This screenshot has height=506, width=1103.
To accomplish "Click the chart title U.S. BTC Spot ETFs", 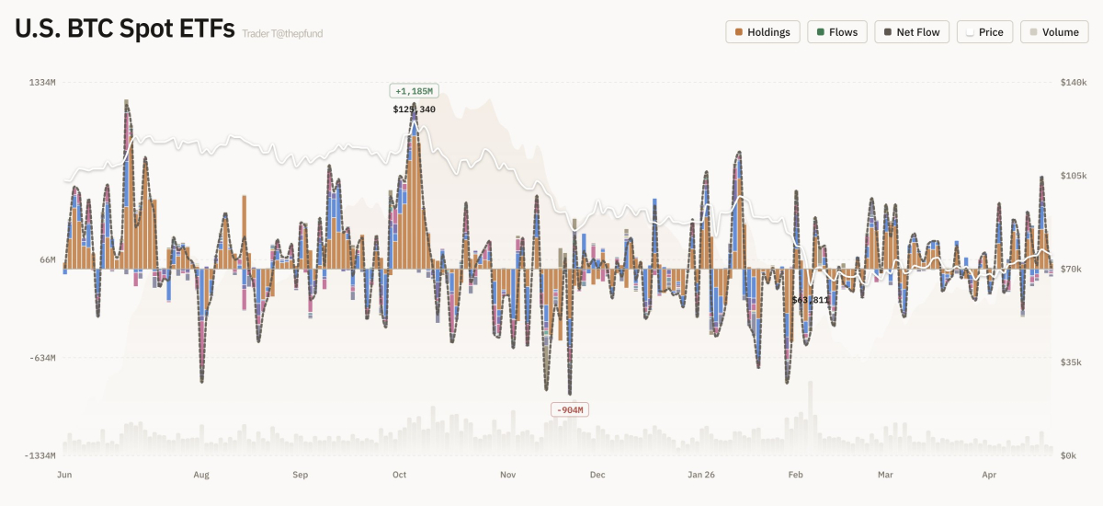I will [x=124, y=29].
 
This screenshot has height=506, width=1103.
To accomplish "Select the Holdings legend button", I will [x=763, y=32].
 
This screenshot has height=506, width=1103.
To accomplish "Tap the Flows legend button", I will [x=837, y=32].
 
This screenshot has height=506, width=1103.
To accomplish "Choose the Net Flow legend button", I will [x=912, y=32].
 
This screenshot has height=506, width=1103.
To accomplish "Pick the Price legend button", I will [x=984, y=32].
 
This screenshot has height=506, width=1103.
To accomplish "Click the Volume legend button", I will [x=1054, y=32].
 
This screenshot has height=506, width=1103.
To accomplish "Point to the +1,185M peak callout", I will [x=414, y=91].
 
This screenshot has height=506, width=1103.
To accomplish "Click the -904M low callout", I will [x=569, y=409].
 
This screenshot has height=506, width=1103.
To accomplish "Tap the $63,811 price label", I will [x=811, y=300].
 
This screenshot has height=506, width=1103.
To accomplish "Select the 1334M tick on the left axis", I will [x=43, y=83].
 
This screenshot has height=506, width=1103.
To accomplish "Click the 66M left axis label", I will [x=48, y=260].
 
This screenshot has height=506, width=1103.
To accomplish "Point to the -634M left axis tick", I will [x=43, y=358].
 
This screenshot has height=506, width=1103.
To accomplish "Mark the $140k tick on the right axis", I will [x=1074, y=83].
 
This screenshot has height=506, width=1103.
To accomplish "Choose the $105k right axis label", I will [x=1074, y=176].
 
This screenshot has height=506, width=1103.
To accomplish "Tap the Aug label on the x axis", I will [x=201, y=475].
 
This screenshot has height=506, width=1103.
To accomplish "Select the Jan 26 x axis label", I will [x=701, y=475].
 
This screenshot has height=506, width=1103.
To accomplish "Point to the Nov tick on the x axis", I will [x=507, y=475].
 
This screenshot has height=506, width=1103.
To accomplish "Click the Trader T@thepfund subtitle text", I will [x=282, y=34].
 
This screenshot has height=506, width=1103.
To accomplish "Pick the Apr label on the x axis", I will [x=989, y=475].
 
